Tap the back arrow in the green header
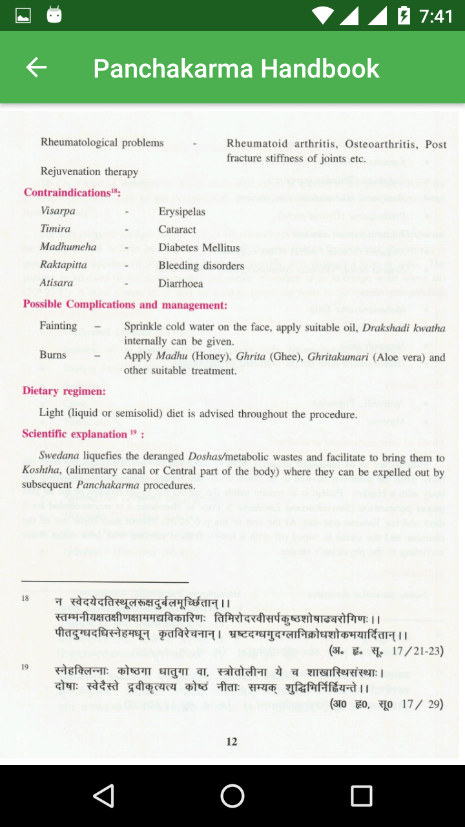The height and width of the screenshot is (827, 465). [x=36, y=67]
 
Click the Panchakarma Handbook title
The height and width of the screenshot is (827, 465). [x=236, y=68]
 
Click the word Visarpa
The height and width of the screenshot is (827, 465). [x=57, y=211]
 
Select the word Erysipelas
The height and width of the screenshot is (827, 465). [x=181, y=211]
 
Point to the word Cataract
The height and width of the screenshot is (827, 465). [x=177, y=229]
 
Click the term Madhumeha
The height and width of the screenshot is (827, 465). [x=68, y=247]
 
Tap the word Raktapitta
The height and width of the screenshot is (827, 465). [x=63, y=266]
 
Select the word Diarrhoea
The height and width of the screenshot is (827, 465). [x=180, y=283]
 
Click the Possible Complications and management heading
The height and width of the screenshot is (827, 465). [x=125, y=304]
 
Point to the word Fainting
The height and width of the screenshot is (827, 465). [x=58, y=326]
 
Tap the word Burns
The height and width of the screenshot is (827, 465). [x=53, y=355]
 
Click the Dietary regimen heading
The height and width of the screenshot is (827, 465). [x=64, y=391]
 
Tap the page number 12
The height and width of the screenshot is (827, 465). [x=232, y=741]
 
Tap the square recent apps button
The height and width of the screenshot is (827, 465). [x=361, y=796]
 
